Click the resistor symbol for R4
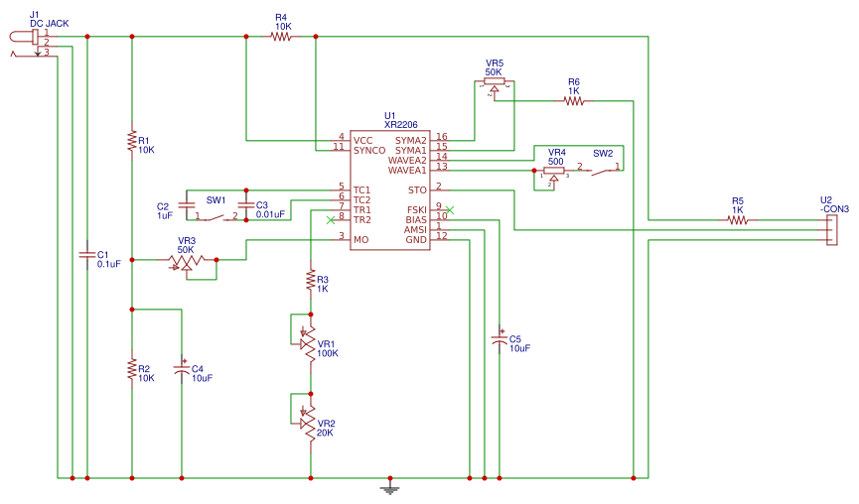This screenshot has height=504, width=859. point(281,37)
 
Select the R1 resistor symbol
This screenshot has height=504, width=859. point(132,140)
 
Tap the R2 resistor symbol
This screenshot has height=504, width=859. point(132,369)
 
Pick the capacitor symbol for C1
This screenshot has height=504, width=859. point(87,255)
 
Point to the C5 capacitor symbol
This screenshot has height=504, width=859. point(500,339)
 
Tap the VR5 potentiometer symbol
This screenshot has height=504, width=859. point(494,83)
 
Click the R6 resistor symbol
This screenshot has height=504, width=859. point(574,100)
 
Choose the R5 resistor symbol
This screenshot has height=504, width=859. point(737,220)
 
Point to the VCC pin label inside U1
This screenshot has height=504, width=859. point(363,140)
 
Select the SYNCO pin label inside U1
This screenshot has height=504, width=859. point(368,150)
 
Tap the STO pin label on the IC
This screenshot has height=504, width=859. point(418,189)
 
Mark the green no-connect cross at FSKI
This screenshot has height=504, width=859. point(450,209)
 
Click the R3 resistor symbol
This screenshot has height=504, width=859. point(311,279)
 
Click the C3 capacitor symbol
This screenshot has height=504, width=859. point(246,203)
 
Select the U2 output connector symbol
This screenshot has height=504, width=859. point(831,230)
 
